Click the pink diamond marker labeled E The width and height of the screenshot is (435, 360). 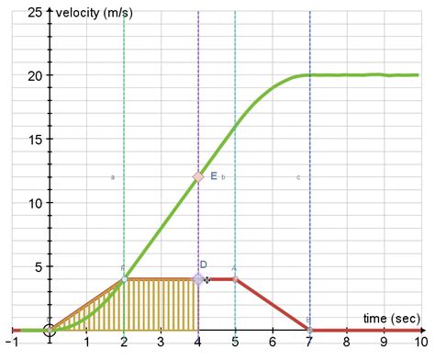[x=198, y=176]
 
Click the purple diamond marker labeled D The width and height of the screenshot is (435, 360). [x=198, y=278]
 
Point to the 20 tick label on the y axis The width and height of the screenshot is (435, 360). [x=36, y=75]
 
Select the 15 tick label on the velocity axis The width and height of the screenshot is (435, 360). [x=36, y=140]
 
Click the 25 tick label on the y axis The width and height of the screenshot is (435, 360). [x=36, y=12]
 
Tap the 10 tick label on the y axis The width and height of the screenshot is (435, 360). [x=36, y=203]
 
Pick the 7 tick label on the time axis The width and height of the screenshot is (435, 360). [x=309, y=343]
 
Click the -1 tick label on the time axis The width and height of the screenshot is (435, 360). [x=10, y=343]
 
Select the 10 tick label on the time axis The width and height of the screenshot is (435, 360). [x=418, y=343]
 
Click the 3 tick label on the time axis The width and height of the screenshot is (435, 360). [x=161, y=343]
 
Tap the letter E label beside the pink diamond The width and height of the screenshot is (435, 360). [x=214, y=175]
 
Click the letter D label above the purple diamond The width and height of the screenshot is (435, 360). [x=204, y=264]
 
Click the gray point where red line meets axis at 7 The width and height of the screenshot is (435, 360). [x=309, y=329]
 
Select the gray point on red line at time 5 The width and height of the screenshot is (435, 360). [x=235, y=278]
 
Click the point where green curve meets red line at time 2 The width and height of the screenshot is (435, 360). [x=124, y=278]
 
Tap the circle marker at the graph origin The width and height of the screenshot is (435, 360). [x=50, y=330]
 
